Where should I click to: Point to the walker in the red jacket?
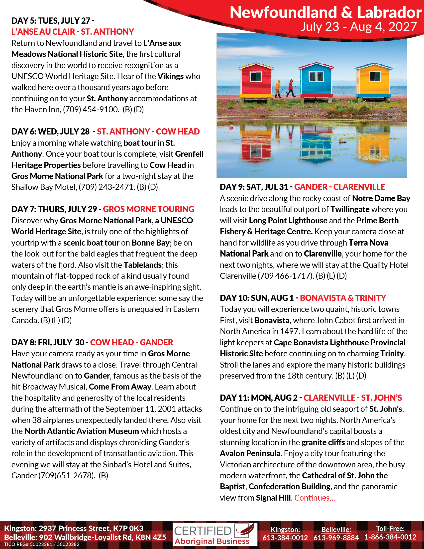(x=291, y=88)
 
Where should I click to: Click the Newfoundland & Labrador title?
(x=325, y=12)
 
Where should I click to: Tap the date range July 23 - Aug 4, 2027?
(x=359, y=27)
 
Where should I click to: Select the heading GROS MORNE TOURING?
(x=148, y=209)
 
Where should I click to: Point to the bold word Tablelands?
(x=142, y=265)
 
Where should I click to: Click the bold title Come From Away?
(x=120, y=387)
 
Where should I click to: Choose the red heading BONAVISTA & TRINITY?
(x=343, y=298)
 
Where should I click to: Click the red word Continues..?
(x=315, y=498)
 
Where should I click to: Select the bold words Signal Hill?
(x=273, y=498)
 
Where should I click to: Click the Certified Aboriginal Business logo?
(x=215, y=535)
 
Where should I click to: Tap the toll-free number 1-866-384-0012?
(x=390, y=537)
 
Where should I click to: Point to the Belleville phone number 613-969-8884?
(x=336, y=538)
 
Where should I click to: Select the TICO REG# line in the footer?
(x=42, y=545)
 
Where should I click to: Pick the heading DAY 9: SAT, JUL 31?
(x=254, y=187)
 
